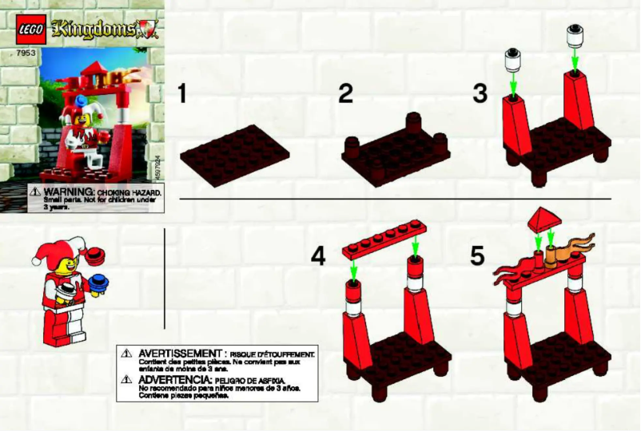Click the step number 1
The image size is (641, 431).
coord(183,94)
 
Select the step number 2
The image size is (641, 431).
coord(345,94)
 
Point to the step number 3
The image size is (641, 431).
coord(480,94)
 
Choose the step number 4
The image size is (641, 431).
coord(319,257)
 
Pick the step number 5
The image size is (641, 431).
coord(478,257)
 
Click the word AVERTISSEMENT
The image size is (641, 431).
coord(178,353)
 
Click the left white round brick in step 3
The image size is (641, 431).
coord(513,59)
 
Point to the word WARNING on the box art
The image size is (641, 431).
coord(65,193)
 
